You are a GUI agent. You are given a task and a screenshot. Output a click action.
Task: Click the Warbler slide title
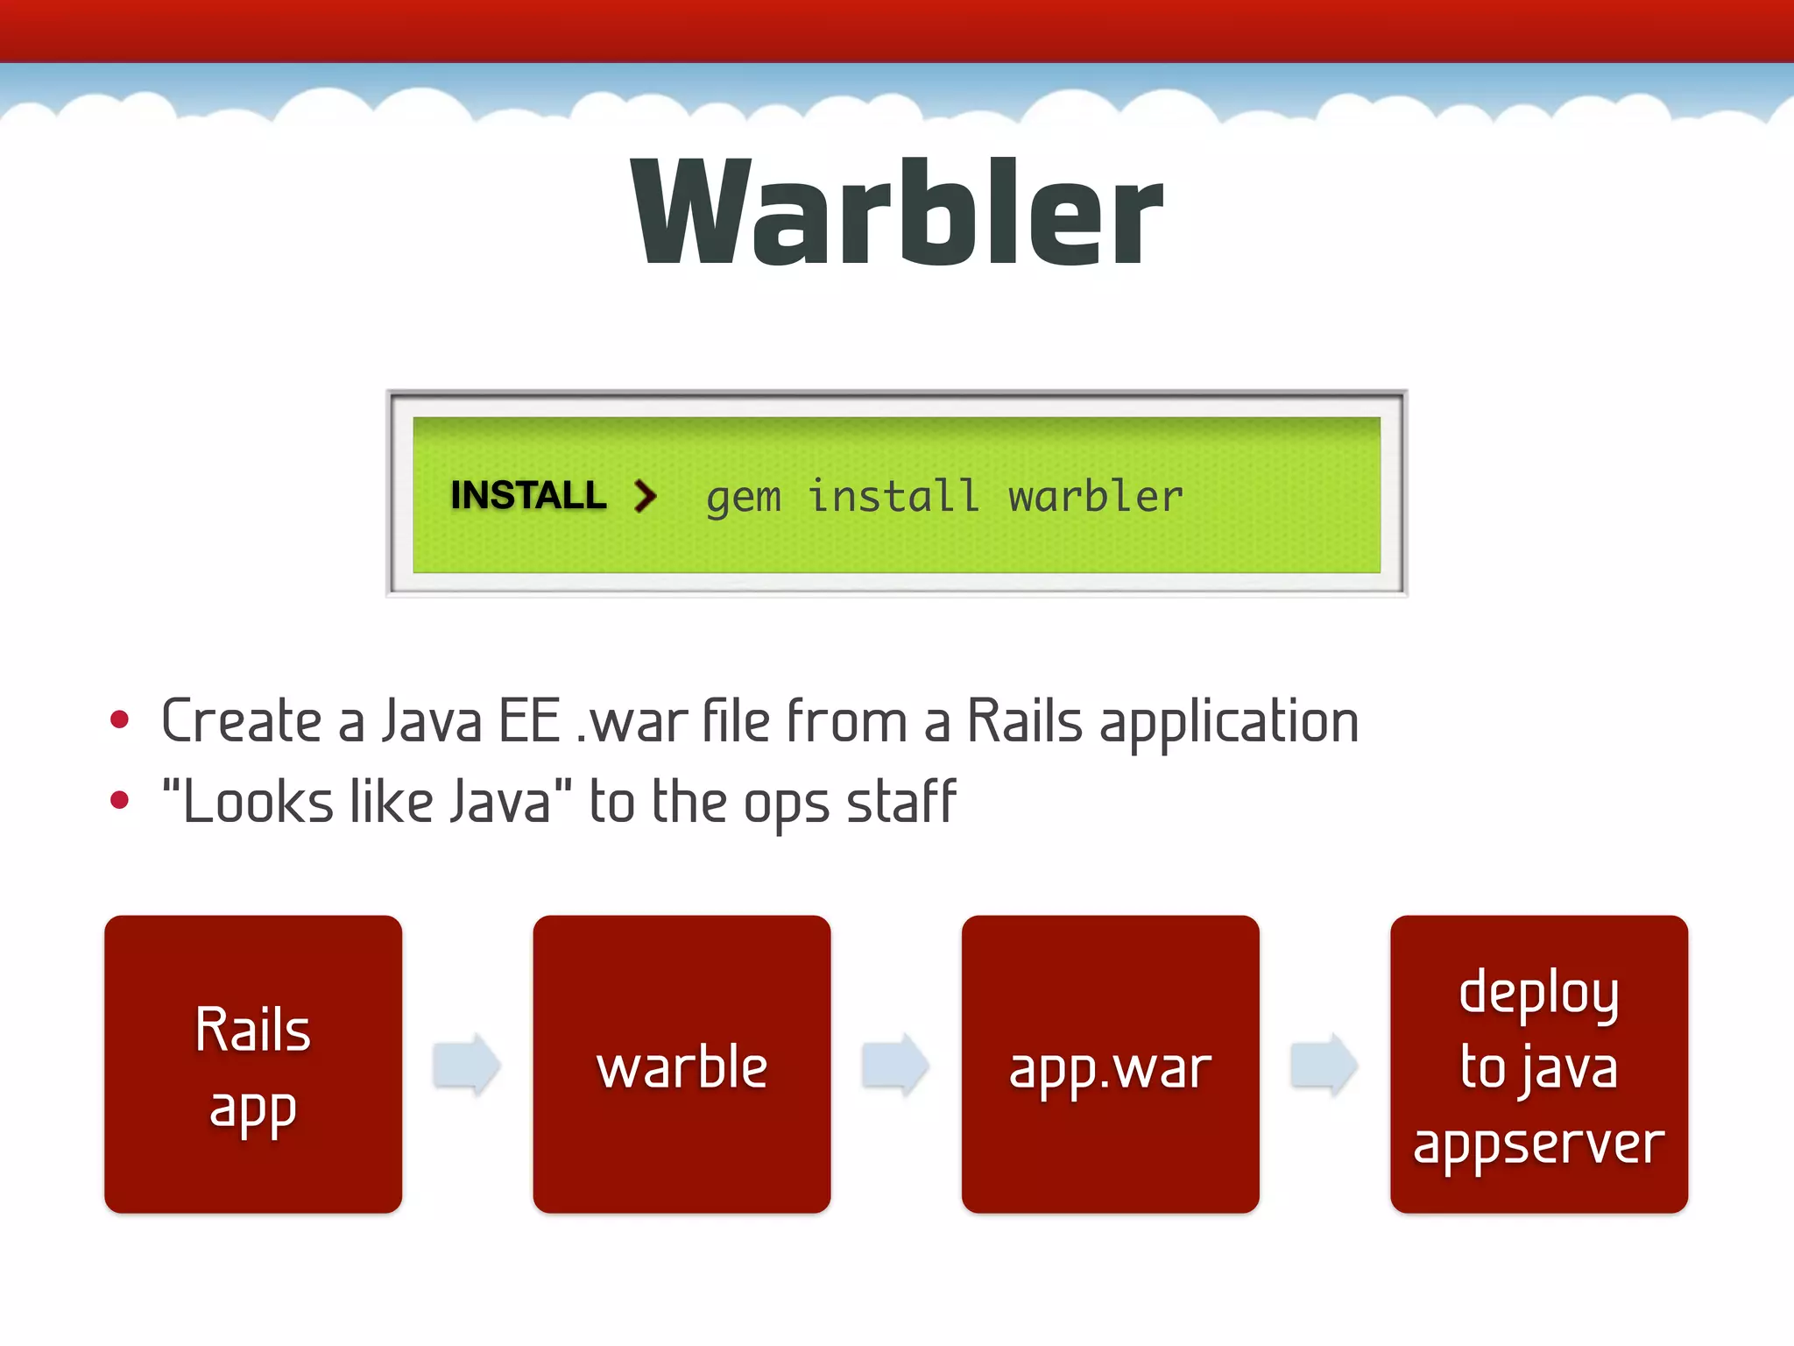(x=896, y=213)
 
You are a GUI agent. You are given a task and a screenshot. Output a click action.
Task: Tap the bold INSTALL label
(x=528, y=495)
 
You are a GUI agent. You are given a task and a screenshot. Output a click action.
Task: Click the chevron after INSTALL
(x=646, y=496)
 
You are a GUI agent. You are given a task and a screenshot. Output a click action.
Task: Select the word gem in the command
(x=743, y=499)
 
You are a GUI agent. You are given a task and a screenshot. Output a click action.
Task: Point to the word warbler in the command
(x=1095, y=497)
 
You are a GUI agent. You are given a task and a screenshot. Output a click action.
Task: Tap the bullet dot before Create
(x=120, y=720)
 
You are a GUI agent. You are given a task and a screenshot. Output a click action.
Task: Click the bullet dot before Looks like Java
(x=120, y=800)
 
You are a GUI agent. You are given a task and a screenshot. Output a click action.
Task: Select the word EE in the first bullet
(x=529, y=721)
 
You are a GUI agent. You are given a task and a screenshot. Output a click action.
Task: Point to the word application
(x=1228, y=723)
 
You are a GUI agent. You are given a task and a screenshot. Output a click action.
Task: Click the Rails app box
(x=253, y=1064)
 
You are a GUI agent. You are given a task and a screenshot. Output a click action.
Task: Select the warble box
(x=682, y=1064)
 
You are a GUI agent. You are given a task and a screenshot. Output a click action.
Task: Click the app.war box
(x=1110, y=1064)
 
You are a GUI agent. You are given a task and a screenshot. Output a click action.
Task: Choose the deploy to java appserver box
(x=1538, y=1064)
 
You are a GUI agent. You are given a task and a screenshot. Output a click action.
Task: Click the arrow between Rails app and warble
(x=467, y=1065)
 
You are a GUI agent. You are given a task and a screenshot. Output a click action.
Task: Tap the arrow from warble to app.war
(x=895, y=1065)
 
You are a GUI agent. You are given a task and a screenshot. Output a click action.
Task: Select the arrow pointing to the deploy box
(x=1324, y=1065)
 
